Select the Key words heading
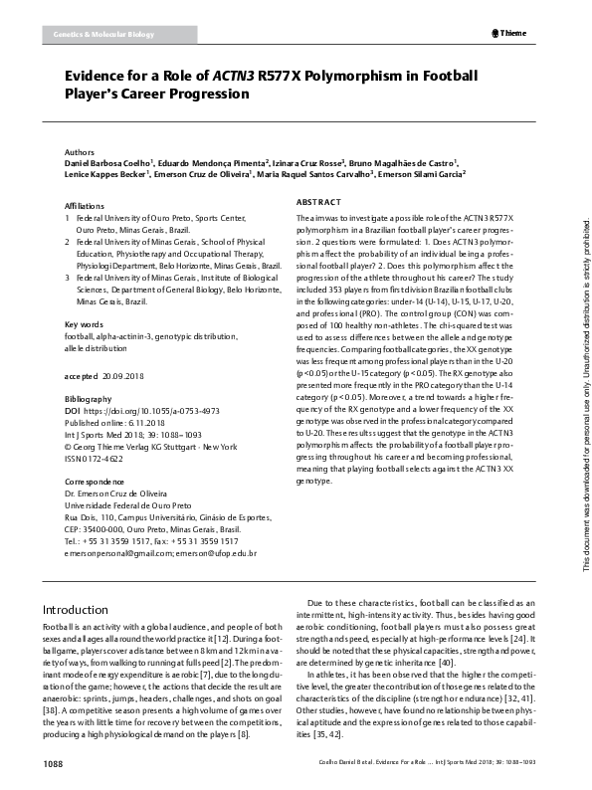click(84, 325)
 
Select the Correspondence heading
click(96, 480)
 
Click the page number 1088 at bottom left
click(53, 764)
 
